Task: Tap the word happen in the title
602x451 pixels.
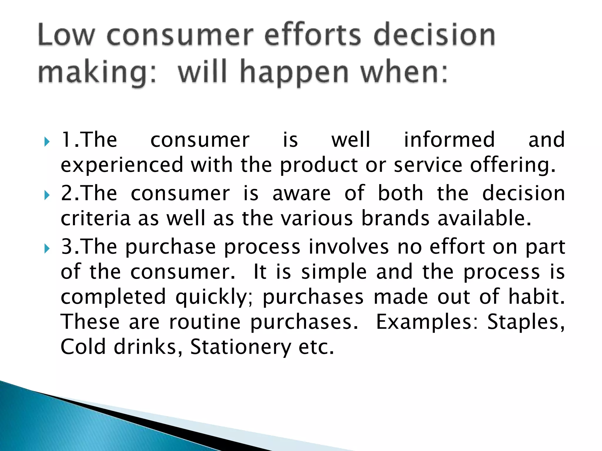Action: pos(294,72)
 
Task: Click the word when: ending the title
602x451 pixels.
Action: pos(404,72)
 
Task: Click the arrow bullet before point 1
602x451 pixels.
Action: pos(47,142)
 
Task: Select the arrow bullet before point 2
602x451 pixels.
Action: pos(47,195)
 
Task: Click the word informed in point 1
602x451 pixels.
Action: pos(449,140)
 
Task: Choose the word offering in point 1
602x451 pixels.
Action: pos(512,165)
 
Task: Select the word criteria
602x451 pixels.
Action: pos(95,219)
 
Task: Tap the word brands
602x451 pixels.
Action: pos(395,219)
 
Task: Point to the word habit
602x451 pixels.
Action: pos(536,297)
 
